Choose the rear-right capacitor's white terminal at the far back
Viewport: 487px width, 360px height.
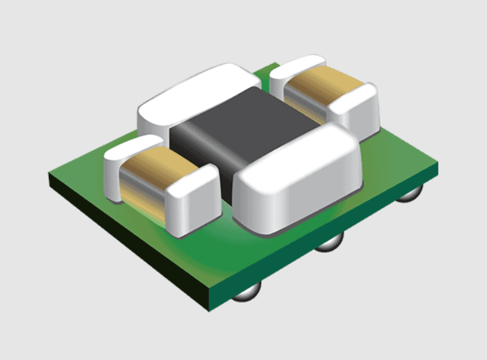tap(294, 70)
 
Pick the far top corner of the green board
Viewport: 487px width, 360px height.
tap(275, 64)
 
